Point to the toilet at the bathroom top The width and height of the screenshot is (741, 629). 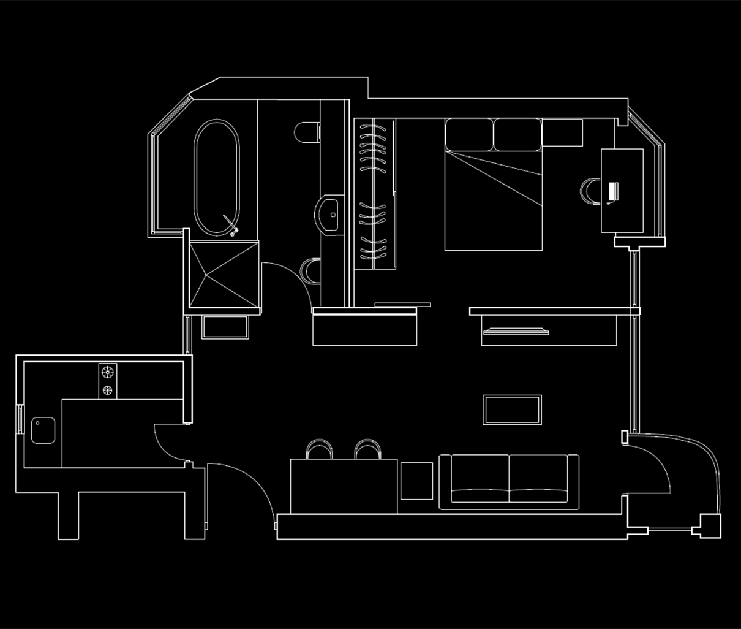[x=307, y=132]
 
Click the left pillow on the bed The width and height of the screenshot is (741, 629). [x=468, y=134]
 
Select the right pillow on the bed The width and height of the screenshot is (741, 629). [x=517, y=134]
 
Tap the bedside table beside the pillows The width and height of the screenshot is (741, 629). [x=562, y=133]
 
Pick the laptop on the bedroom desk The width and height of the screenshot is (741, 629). [x=612, y=192]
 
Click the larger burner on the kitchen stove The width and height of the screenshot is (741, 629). [x=108, y=372]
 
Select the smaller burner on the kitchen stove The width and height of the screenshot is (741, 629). [x=108, y=391]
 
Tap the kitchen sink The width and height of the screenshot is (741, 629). [x=43, y=430]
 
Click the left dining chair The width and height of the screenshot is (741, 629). [x=319, y=449]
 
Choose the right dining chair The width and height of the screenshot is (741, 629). [x=368, y=449]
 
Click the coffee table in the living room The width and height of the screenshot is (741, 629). [x=512, y=410]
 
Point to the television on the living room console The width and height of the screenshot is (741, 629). [x=516, y=332]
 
